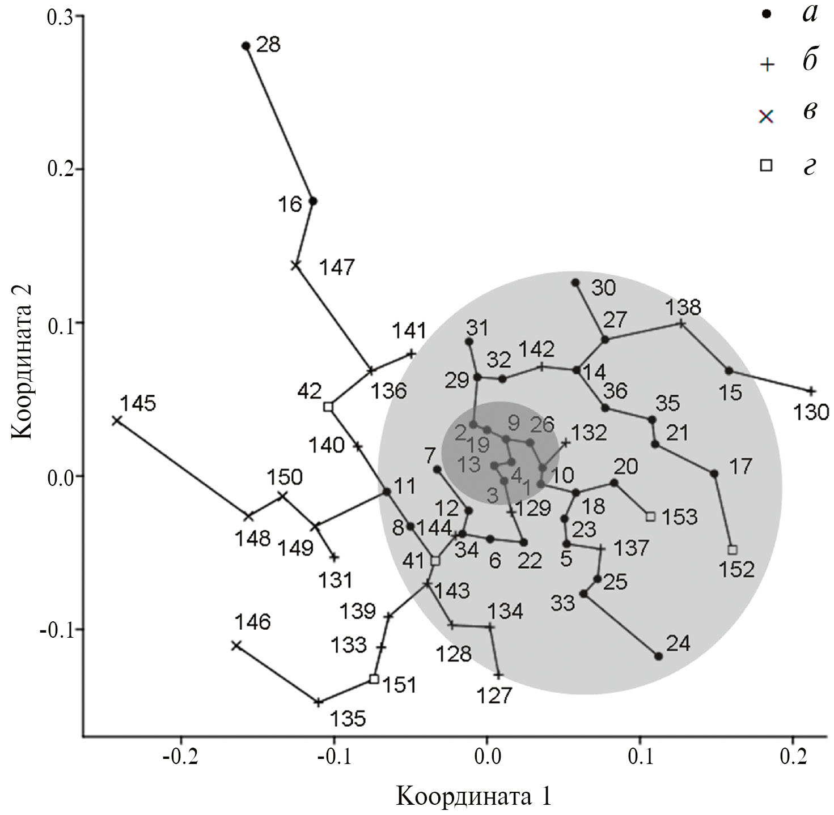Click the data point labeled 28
click(246, 46)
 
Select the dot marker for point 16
click(312, 200)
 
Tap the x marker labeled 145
click(116, 420)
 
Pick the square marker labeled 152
click(733, 549)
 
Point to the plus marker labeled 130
click(811, 391)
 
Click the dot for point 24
click(658, 656)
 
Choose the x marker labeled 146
click(236, 645)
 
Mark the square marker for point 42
click(328, 406)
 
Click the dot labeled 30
click(575, 282)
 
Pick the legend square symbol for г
click(767, 165)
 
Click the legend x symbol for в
click(767, 117)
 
